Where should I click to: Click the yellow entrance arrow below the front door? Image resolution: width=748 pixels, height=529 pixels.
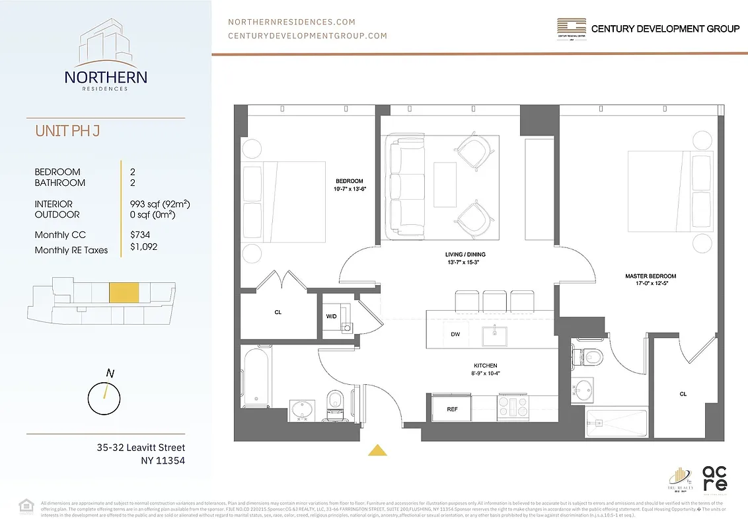(x=377, y=450)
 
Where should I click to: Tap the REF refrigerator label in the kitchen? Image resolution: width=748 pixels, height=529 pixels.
(x=452, y=409)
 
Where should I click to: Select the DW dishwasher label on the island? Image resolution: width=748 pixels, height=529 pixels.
(x=455, y=335)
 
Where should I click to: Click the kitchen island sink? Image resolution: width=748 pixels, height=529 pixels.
(x=494, y=335)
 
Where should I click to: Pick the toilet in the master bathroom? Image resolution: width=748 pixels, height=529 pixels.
(x=590, y=358)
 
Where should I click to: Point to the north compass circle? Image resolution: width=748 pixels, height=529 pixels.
(x=104, y=397)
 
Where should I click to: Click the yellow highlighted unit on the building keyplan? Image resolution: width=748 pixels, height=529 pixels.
(x=124, y=292)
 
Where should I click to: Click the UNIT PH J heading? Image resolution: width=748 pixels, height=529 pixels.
(x=67, y=131)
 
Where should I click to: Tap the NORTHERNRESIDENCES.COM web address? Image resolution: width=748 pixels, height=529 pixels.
(x=291, y=22)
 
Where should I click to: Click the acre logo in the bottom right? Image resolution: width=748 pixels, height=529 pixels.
(x=714, y=477)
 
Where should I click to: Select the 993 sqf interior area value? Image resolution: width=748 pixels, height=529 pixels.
(x=161, y=204)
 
